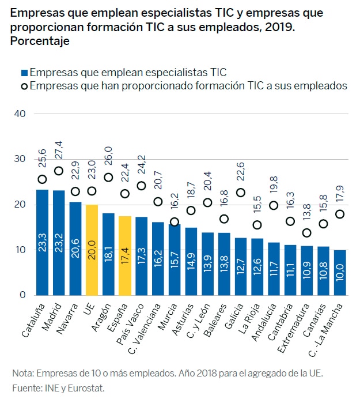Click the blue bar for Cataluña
(x=42, y=242)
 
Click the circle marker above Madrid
(x=59, y=171)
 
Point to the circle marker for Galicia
(x=241, y=192)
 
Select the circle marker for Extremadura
(x=307, y=232)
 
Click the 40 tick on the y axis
(x=20, y=114)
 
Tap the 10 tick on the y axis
(x=20, y=250)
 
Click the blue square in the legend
(x=24, y=73)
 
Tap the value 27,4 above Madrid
(x=59, y=148)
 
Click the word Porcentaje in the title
(x=40, y=41)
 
